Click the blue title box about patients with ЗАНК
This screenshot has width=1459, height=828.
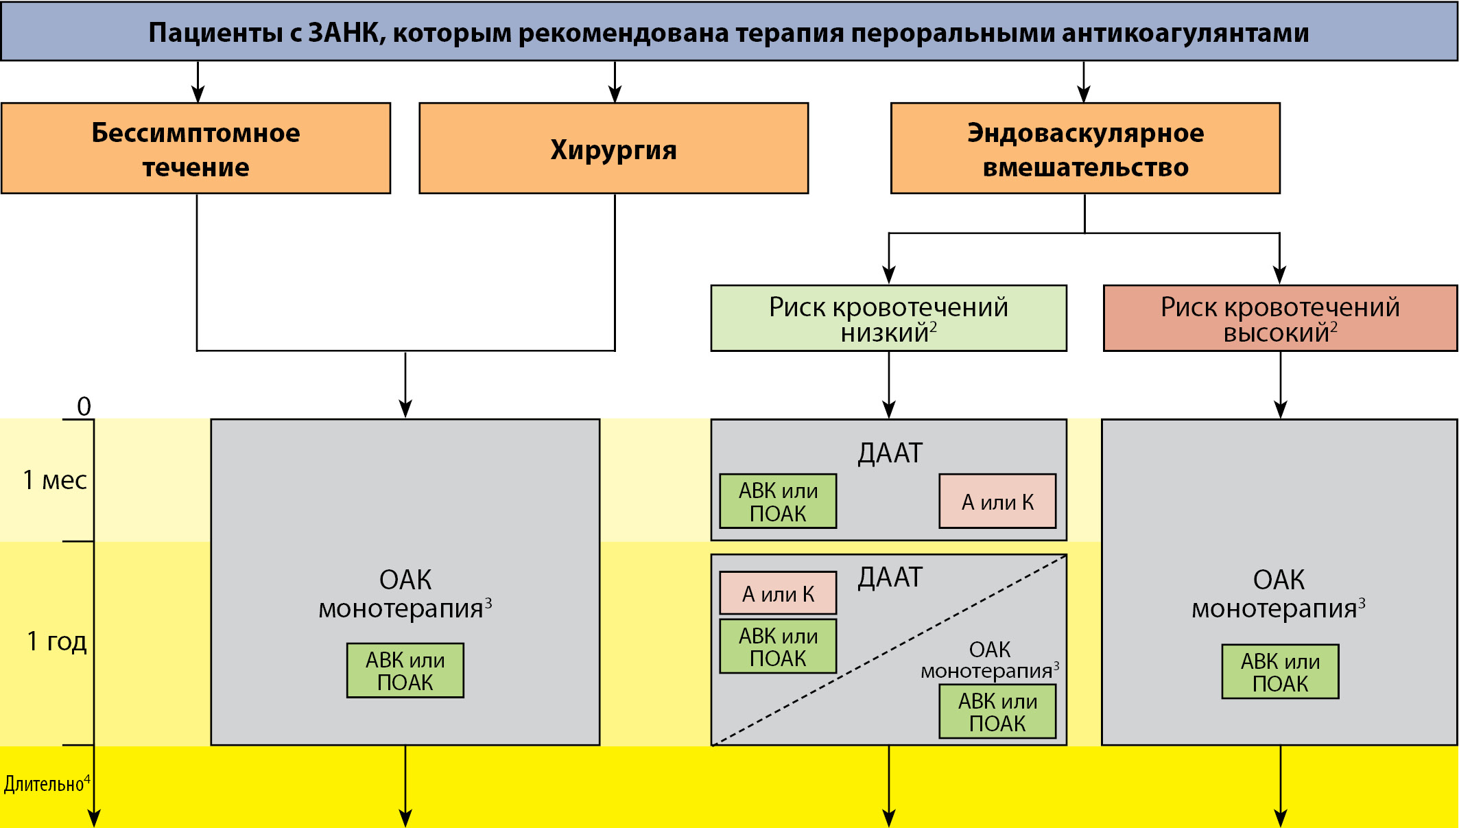(x=728, y=32)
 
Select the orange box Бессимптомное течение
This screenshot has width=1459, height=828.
(x=196, y=148)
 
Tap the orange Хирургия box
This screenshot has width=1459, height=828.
(x=613, y=148)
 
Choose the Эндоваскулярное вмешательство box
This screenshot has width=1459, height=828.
(x=1085, y=148)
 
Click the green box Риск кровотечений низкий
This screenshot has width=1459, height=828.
(x=888, y=318)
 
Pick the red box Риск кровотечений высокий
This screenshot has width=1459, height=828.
(x=1280, y=318)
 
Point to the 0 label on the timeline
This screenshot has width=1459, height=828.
(x=84, y=406)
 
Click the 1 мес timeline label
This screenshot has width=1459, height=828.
(x=55, y=480)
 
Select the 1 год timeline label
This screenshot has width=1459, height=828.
(x=57, y=641)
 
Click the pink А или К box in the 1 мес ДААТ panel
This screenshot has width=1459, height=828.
(x=997, y=501)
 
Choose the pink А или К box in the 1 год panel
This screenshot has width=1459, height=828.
(x=778, y=593)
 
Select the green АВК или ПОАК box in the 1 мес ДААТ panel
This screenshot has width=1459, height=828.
(x=778, y=501)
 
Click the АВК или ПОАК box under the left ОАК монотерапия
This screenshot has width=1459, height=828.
(x=405, y=670)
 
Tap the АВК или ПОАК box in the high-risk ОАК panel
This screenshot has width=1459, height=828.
(x=1280, y=672)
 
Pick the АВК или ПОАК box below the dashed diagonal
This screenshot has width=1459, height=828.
(x=997, y=712)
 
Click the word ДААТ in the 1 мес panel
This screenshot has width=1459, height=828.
(x=890, y=453)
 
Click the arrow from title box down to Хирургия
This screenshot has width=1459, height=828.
(x=615, y=82)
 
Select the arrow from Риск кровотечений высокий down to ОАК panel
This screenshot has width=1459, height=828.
(x=1280, y=384)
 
